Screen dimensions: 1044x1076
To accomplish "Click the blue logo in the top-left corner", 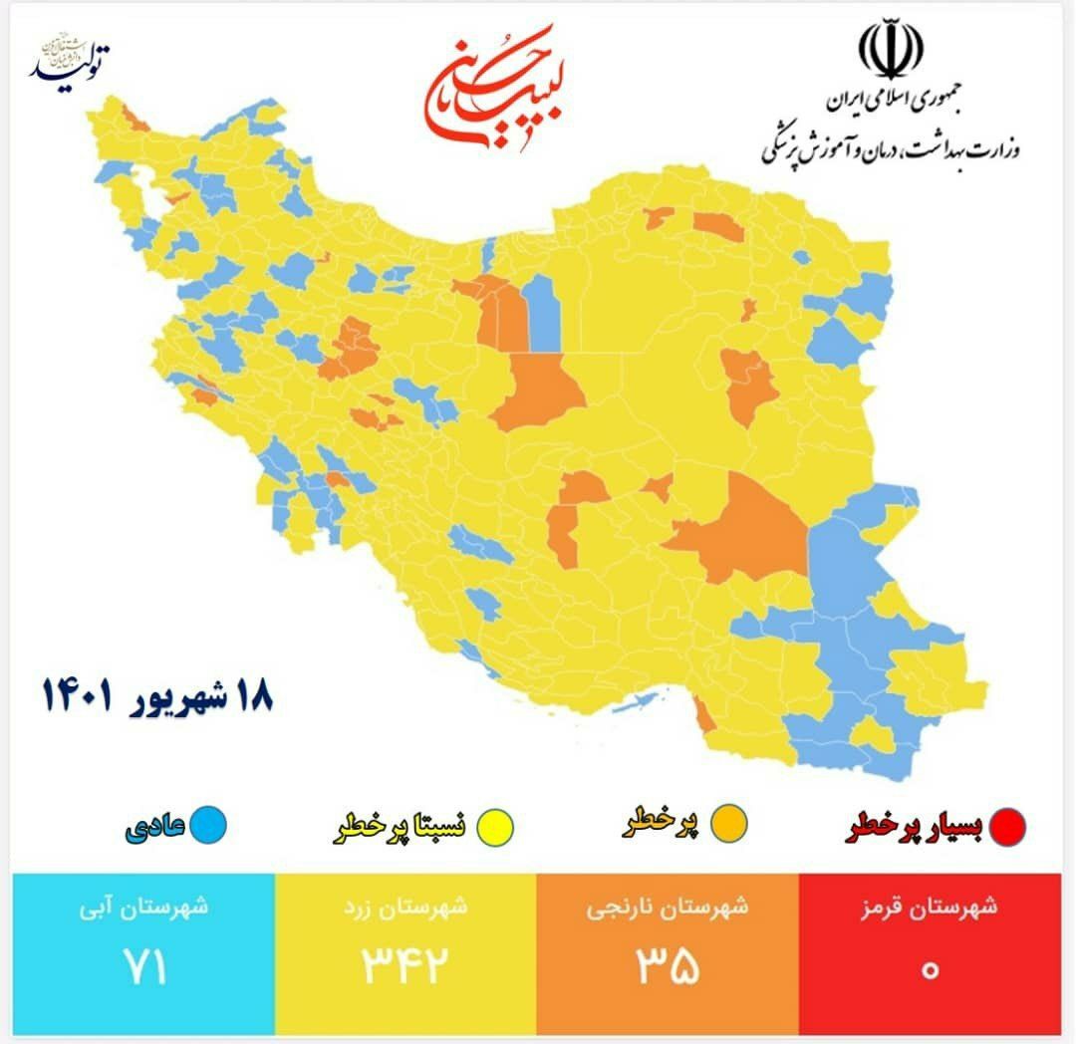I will click(x=69, y=61).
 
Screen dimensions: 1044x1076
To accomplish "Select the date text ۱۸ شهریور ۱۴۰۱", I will click(x=156, y=694).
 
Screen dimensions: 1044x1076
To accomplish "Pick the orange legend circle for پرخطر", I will click(x=730, y=824).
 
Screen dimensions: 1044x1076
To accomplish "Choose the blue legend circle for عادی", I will click(x=209, y=825).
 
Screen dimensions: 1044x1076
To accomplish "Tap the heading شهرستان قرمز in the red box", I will click(x=929, y=909).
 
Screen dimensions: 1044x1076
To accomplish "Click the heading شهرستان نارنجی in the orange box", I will click(x=666, y=909).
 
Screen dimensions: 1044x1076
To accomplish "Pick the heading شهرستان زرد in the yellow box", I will click(x=403, y=909).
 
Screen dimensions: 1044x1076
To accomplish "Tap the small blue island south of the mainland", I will click(x=630, y=704).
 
